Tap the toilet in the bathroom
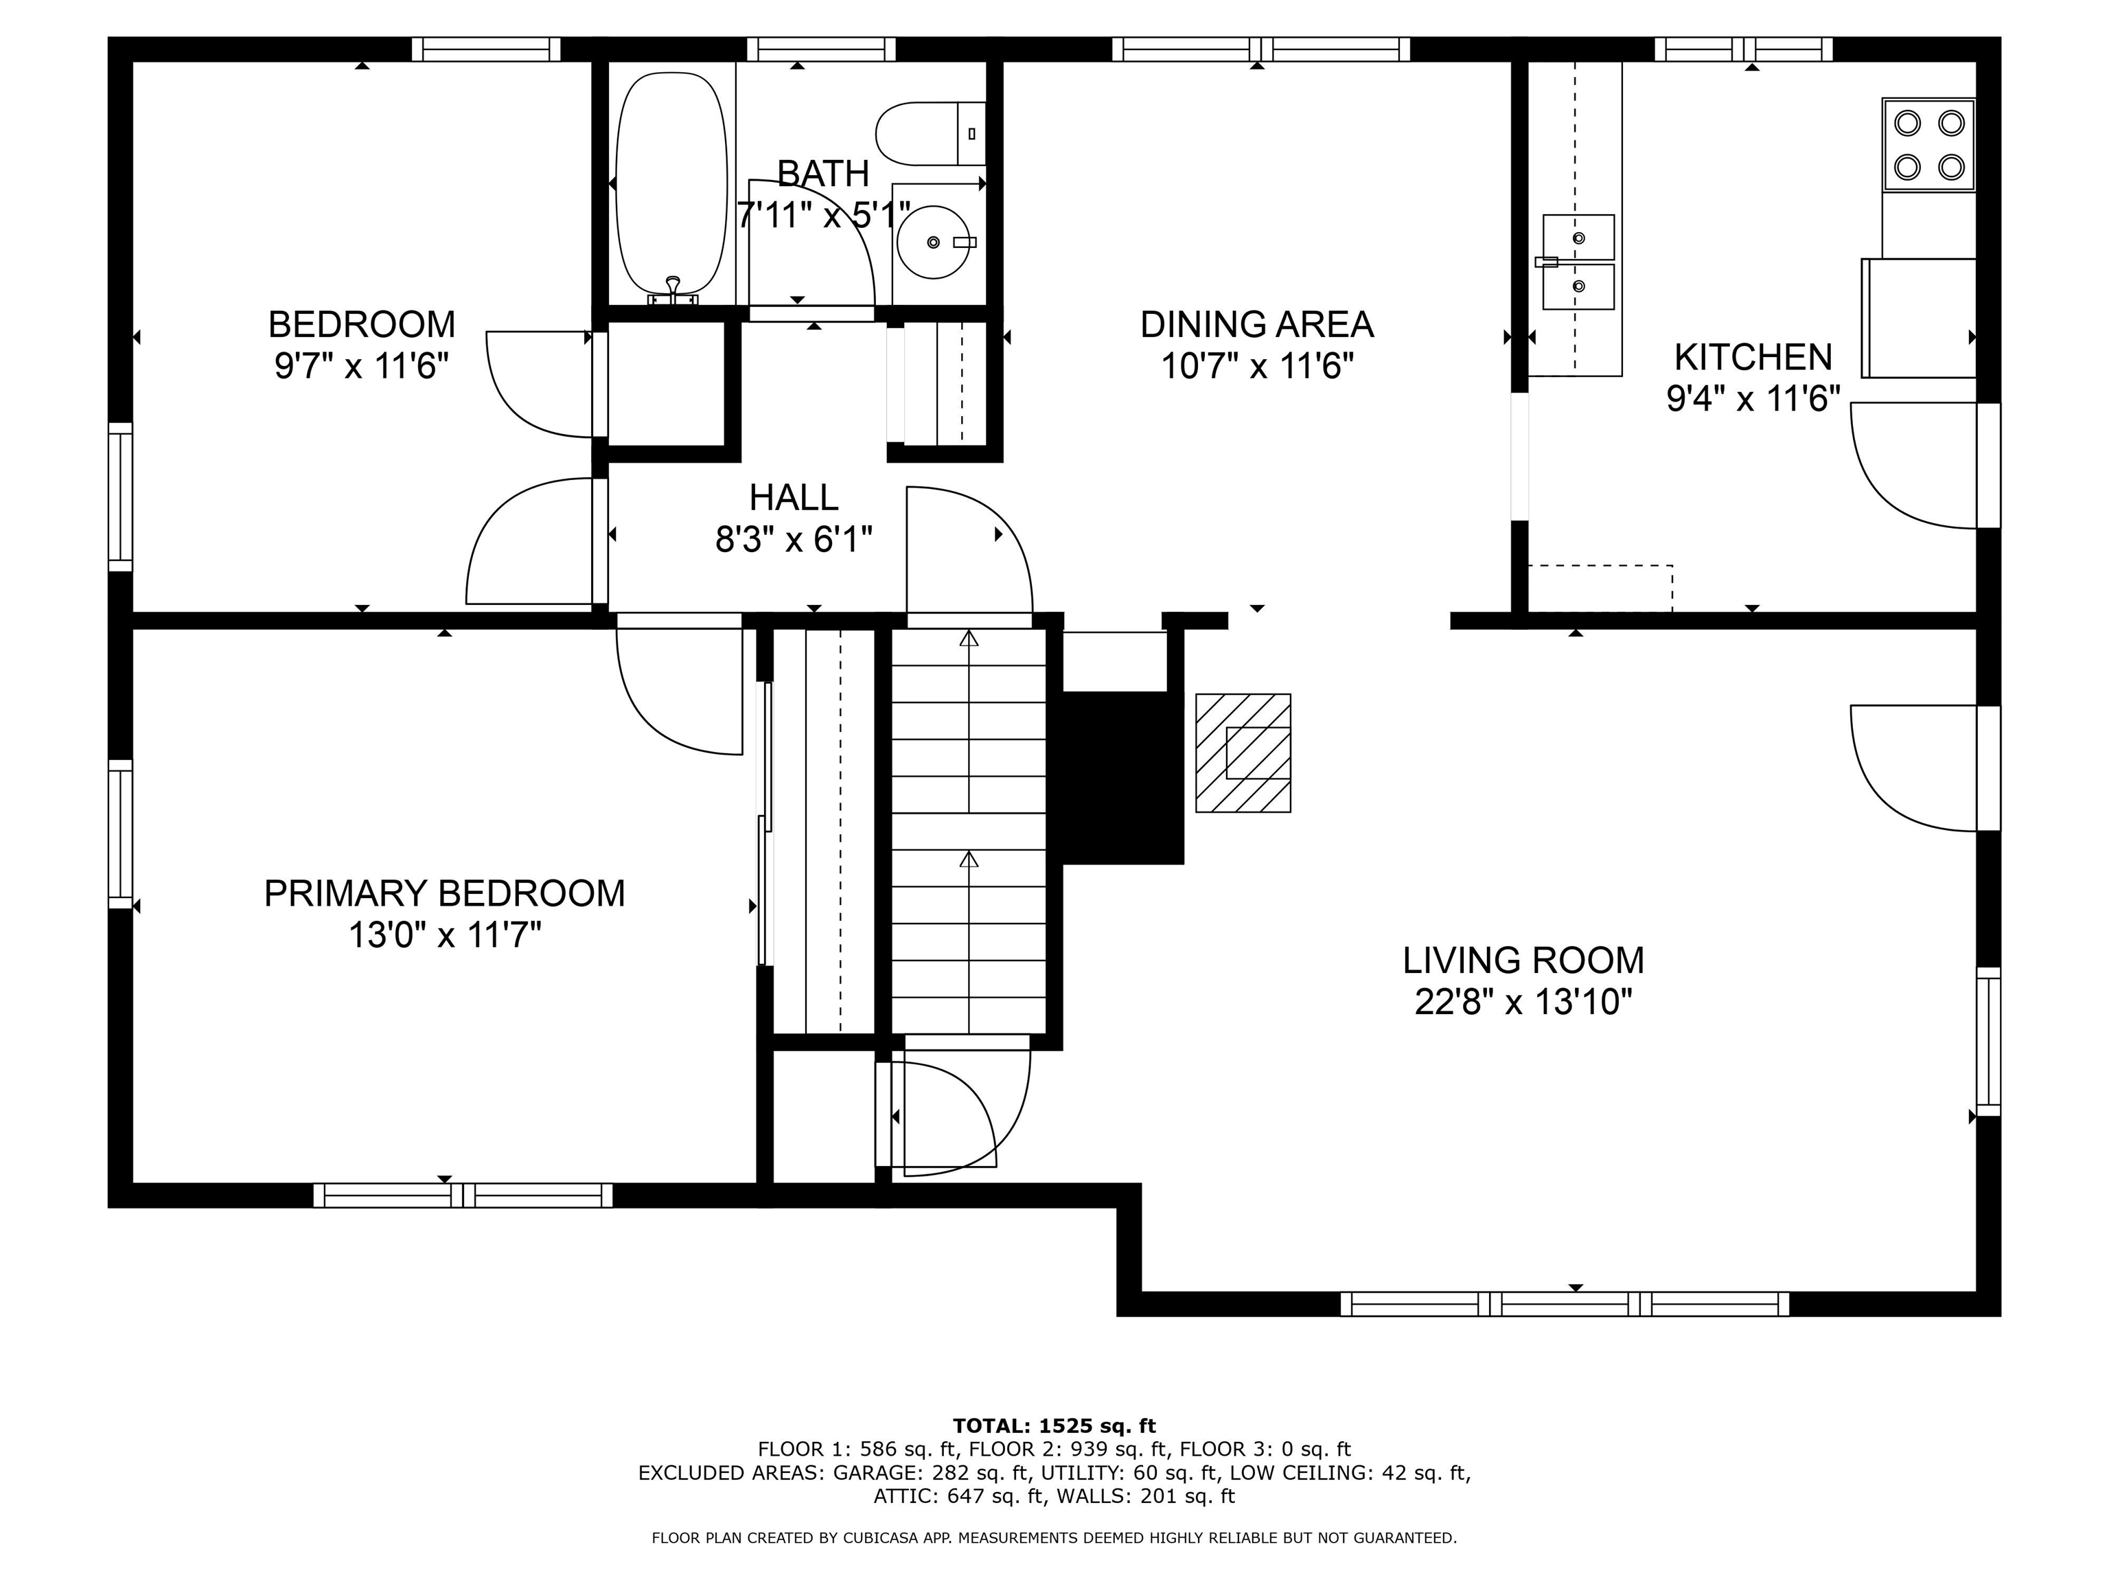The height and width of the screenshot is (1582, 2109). tap(930, 133)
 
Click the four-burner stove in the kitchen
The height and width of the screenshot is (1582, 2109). tap(1928, 145)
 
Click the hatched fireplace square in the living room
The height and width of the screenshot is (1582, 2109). tap(1243, 753)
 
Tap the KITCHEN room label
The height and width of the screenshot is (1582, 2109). tap(1753, 356)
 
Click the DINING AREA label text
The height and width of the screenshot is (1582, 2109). tap(1256, 324)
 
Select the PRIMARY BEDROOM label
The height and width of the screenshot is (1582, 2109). tap(444, 893)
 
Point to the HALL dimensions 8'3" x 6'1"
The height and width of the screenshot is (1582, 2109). tap(794, 540)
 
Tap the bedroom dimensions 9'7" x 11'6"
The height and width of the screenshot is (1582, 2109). tap(361, 365)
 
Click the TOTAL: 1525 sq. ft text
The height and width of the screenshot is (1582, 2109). tap(1054, 1425)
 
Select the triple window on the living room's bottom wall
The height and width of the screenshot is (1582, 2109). tap(1565, 1303)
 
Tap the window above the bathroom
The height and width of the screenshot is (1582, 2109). tap(821, 49)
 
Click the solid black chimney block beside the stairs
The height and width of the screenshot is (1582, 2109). tap(1122, 778)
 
